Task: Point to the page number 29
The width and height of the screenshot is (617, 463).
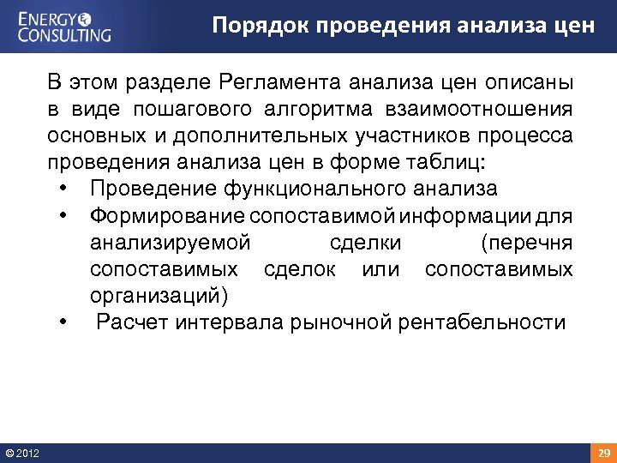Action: coord(603,453)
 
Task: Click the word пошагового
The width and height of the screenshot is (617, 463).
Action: coord(190,110)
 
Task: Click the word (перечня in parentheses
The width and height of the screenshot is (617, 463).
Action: coord(527,243)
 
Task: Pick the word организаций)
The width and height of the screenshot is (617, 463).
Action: coord(159,296)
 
